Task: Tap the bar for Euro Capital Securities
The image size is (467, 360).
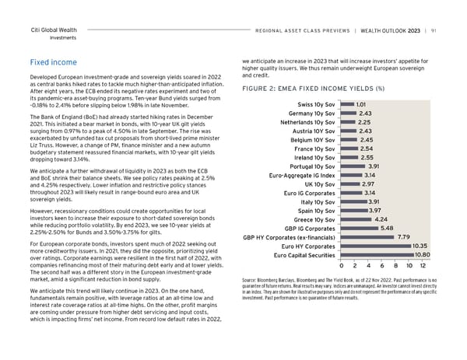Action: click(378, 255)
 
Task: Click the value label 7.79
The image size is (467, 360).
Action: click(403, 237)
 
